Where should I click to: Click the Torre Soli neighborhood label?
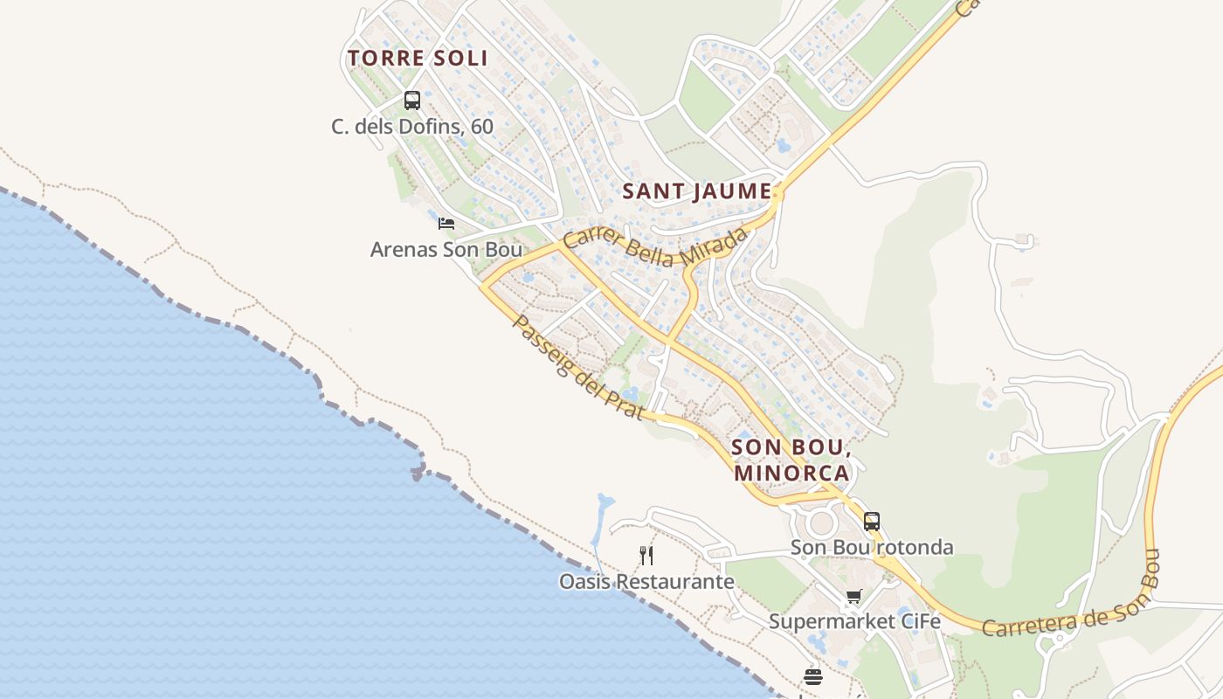click(418, 59)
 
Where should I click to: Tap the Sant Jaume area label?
click(697, 191)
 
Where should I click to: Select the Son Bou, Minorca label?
click(791, 460)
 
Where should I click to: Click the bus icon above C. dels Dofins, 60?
click(412, 100)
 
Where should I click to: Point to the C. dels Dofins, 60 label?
click(412, 127)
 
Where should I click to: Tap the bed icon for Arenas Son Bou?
click(446, 224)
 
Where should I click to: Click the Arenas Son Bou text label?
click(446, 250)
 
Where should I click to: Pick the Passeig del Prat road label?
click(578, 368)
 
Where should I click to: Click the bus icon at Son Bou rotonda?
click(872, 522)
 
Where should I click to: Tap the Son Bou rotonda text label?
click(872, 548)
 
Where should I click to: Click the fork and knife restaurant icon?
click(646, 555)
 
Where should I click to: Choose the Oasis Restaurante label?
click(646, 581)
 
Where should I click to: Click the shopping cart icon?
click(853, 597)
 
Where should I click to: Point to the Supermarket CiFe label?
click(854, 622)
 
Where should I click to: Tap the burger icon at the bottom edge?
click(813, 677)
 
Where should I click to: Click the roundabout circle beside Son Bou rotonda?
click(822, 524)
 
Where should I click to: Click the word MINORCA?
click(791, 473)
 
